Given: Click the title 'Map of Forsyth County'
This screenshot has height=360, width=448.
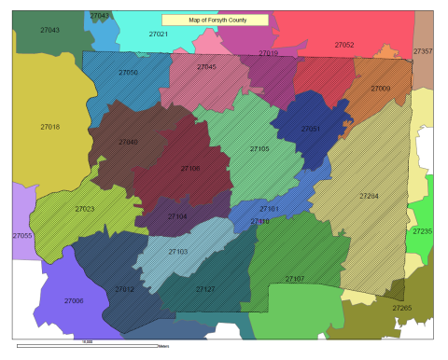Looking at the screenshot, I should [215, 19].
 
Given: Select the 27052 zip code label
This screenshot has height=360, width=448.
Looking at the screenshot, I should [343, 45].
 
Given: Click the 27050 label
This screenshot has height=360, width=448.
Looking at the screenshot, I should [128, 72].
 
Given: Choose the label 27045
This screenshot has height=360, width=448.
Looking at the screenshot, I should [206, 67].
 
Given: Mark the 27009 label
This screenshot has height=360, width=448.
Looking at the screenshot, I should [381, 88].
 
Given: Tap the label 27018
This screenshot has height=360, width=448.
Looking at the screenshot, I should [50, 127].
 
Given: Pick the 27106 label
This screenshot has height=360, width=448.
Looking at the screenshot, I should [189, 169].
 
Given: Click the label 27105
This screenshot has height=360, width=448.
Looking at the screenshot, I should [259, 148].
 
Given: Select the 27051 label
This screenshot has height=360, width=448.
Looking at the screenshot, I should [311, 129].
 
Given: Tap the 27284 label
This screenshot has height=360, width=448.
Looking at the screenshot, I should [370, 197].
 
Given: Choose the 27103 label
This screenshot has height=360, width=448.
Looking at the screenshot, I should [178, 252].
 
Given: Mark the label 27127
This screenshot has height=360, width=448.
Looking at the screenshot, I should [205, 289].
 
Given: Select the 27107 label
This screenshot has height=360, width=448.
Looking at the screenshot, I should [294, 279].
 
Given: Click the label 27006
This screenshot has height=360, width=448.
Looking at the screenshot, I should [74, 300].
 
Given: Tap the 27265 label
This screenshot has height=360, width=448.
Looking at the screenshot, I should [402, 308].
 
